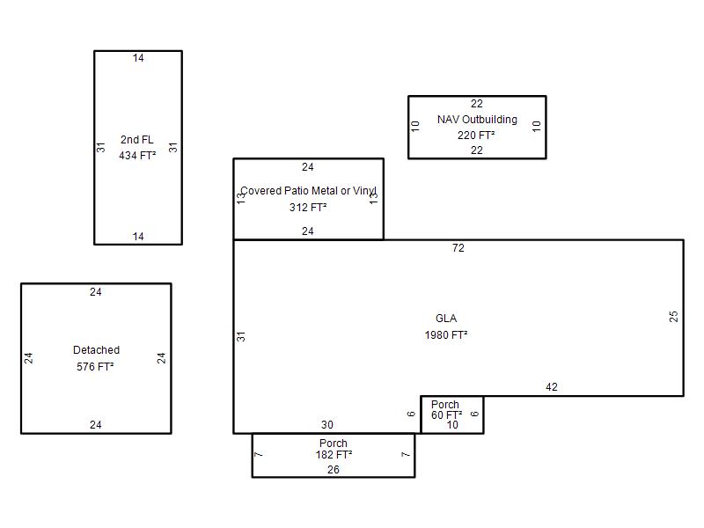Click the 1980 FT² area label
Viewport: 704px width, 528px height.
[x=446, y=335]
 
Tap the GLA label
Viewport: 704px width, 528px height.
[x=446, y=319]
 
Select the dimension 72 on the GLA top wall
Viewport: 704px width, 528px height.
[x=458, y=248]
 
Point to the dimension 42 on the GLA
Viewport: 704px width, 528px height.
[x=552, y=387]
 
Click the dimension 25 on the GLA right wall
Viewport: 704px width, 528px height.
[x=673, y=317]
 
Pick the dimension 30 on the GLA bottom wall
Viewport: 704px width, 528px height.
[x=327, y=425]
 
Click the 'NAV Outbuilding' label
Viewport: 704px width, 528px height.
[x=477, y=120]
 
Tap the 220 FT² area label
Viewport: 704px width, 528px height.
[x=476, y=136]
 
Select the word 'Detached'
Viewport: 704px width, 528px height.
[x=97, y=350]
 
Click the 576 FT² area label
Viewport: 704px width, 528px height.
[x=95, y=367]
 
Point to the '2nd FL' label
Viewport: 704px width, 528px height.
[x=137, y=140]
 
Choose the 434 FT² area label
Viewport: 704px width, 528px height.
[x=137, y=156]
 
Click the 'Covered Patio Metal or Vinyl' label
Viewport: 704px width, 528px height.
[x=309, y=191]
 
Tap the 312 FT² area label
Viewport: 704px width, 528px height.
[x=308, y=208]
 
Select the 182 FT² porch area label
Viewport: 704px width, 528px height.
[x=334, y=455]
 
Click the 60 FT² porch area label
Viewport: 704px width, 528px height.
[x=447, y=414]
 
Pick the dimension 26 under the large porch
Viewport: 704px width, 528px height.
[x=334, y=470]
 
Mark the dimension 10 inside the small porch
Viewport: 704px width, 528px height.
[x=452, y=425]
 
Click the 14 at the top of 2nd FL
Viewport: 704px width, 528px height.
[x=138, y=58]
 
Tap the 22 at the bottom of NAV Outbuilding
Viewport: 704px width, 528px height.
[x=477, y=150]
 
